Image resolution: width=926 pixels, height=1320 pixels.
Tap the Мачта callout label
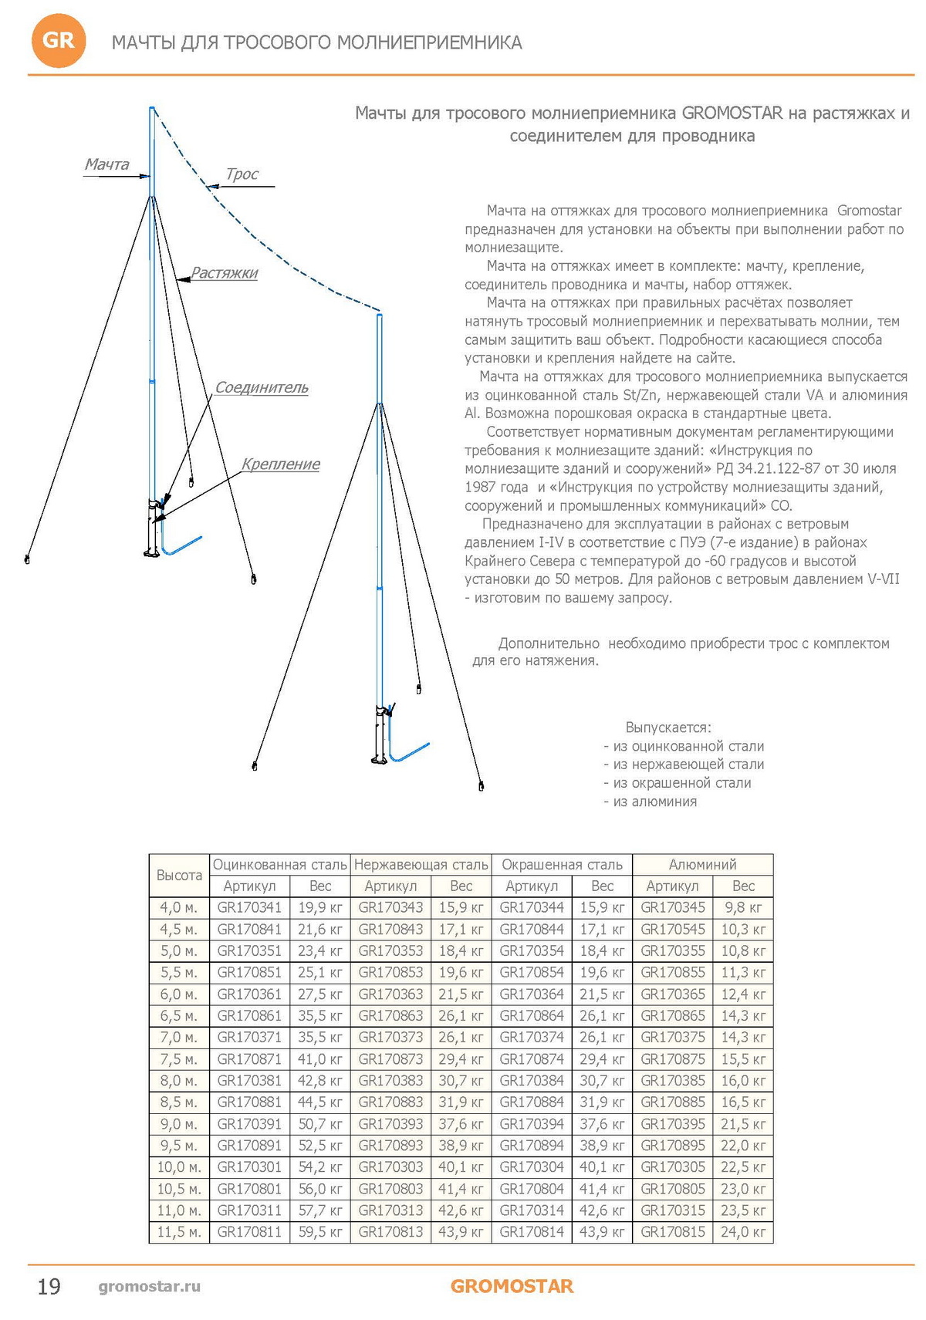106,164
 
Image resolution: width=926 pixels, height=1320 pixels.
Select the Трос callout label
242,174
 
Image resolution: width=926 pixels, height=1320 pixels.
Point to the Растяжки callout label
224,273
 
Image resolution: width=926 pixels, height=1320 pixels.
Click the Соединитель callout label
261,387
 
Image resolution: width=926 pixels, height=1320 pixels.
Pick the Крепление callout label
280,464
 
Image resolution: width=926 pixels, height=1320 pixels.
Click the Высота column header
179,875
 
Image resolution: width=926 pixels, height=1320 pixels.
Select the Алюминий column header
702,865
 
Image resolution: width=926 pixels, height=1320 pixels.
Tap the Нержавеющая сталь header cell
421,865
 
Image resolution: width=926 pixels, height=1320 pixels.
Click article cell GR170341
249,908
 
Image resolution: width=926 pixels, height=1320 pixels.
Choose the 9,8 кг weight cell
743,908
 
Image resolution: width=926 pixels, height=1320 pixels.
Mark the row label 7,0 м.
179,1038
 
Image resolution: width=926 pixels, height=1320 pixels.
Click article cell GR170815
673,1232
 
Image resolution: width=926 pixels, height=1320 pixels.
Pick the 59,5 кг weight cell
320,1232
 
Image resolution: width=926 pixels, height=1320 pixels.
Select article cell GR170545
673,930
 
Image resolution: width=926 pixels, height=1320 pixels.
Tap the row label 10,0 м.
179,1167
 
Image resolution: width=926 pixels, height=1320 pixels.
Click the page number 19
49,1286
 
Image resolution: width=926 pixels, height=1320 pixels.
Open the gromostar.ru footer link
149,1286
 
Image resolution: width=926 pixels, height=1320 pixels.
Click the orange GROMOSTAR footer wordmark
512,1286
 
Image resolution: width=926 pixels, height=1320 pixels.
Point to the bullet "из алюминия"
654,802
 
